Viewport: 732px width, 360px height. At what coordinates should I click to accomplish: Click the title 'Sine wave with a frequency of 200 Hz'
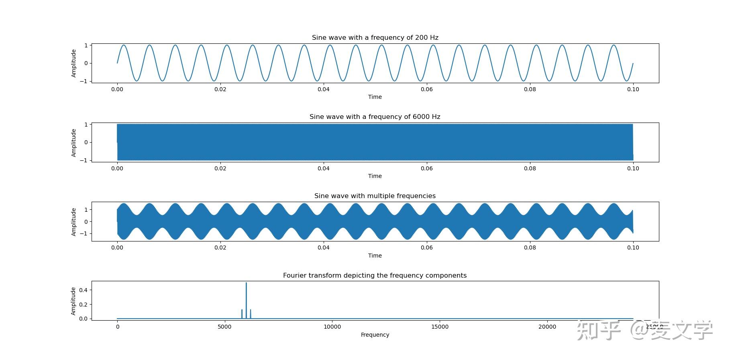tap(375, 37)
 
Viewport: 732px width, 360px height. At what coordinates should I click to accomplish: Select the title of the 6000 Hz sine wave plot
tap(375, 117)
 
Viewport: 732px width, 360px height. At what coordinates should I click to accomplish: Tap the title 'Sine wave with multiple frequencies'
tap(375, 196)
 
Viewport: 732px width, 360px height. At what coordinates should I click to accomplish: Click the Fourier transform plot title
tap(375, 275)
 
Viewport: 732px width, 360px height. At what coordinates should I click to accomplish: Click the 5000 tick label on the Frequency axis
tap(224, 327)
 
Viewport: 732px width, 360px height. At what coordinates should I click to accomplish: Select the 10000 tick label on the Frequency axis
tap(332, 327)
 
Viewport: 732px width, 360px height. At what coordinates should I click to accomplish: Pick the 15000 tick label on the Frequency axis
tap(440, 327)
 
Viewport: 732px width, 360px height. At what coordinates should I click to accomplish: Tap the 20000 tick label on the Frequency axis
tap(547, 327)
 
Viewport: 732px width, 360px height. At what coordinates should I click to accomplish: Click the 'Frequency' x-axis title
tap(375, 335)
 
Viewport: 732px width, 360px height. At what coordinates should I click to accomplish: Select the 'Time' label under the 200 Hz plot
tap(375, 97)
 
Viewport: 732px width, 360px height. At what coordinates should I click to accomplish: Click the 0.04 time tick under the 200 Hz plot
tap(324, 89)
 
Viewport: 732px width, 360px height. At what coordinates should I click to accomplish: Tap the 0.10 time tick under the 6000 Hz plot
tap(633, 168)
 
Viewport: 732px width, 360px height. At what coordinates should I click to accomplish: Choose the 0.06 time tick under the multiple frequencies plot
tap(427, 247)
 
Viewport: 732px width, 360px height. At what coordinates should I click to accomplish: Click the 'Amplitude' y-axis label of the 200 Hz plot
tap(73, 63)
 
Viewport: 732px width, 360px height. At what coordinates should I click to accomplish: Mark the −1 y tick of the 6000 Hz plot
tap(84, 160)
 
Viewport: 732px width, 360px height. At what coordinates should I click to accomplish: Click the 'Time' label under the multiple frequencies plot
tap(375, 256)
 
